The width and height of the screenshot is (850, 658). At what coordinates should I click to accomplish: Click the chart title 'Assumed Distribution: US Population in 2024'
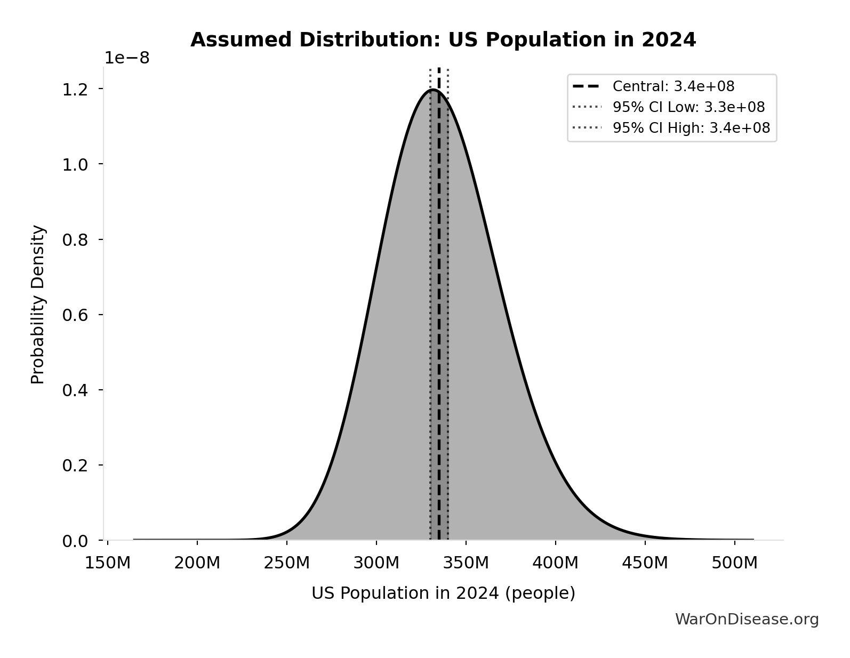coord(443,40)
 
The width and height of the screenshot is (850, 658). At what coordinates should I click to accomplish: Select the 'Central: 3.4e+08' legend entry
coord(673,86)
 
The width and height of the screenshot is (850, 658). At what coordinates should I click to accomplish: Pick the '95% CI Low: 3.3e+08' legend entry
coord(688,107)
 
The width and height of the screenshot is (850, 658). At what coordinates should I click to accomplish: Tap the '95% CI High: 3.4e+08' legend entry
coord(691,128)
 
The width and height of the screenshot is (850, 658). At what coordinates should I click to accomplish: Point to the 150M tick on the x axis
coord(108,563)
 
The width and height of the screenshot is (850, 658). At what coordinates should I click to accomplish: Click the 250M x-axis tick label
coord(287,563)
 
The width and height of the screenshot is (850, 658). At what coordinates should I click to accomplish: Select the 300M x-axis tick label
coord(376,563)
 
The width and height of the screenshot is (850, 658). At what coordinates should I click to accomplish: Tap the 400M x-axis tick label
coord(556,563)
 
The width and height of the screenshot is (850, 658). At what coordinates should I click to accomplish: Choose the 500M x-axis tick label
coord(735,563)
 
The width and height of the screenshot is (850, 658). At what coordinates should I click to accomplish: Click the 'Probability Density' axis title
coord(38,304)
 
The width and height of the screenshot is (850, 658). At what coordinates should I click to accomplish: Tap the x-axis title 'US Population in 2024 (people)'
coord(443,593)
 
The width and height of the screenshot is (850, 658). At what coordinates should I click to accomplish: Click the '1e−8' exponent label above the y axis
coord(127,58)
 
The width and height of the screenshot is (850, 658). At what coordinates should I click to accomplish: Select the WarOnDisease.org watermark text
coord(747,619)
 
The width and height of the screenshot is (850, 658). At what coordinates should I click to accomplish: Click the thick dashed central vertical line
coord(439,320)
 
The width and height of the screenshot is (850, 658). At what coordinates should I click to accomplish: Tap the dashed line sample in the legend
coord(586,86)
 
